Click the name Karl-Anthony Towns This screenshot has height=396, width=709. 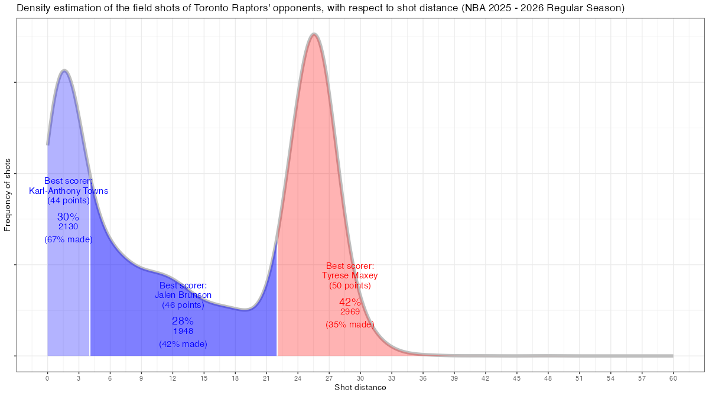point(69,191)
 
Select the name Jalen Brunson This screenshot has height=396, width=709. point(183,295)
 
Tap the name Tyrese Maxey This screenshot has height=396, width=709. point(350,275)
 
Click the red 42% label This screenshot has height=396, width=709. point(350,303)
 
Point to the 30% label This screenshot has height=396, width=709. point(68,217)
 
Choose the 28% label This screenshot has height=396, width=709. point(183,321)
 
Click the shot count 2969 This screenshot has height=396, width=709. point(350,312)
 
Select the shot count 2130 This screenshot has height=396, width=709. point(69,226)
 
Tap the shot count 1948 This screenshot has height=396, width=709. point(183,331)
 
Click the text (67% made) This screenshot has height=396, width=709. point(69,239)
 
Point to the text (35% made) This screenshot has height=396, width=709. point(350,324)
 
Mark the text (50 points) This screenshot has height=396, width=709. point(350,285)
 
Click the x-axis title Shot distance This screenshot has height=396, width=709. point(360,388)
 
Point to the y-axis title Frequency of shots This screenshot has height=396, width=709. point(8,194)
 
